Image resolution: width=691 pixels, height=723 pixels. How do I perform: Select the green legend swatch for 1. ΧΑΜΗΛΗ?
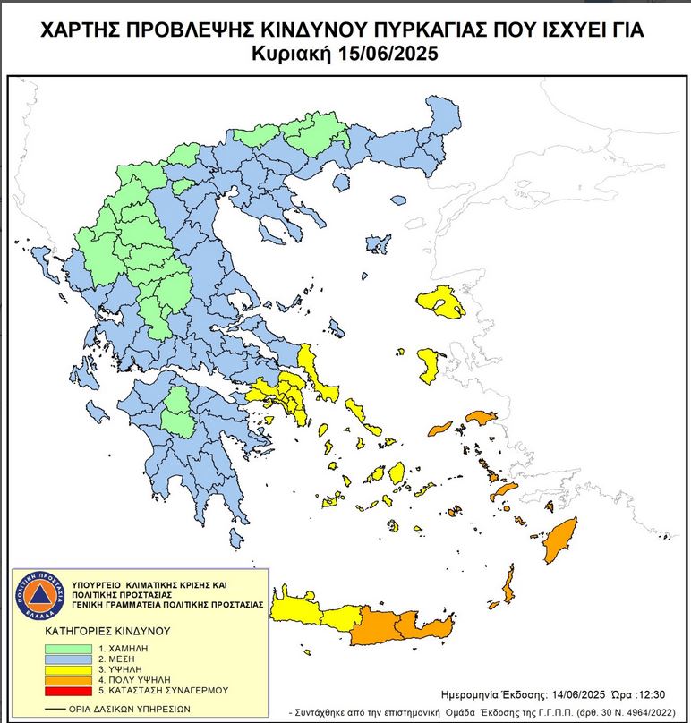coord(67,648)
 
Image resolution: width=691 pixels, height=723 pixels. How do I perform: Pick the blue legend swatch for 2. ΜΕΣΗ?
coord(67,659)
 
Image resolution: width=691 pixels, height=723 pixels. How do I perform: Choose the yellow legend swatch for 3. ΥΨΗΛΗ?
coord(67,669)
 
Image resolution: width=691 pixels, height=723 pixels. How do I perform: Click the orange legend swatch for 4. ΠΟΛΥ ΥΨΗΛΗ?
coord(67,680)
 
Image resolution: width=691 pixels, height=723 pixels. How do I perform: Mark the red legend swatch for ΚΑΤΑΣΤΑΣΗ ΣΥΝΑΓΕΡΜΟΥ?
coord(67,691)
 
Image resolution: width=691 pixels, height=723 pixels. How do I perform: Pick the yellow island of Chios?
coord(429,362)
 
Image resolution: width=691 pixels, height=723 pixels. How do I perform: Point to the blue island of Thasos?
coord(340,182)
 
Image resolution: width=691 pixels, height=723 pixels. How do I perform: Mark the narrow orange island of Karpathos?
coord(508,586)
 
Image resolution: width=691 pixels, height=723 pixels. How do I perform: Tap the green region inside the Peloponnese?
coord(180,411)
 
